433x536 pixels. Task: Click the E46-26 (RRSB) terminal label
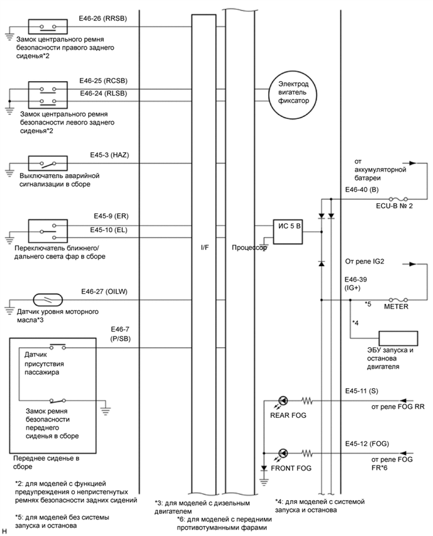pyautogui.click(x=103, y=19)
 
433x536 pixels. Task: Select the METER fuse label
pyautogui.click(x=396, y=308)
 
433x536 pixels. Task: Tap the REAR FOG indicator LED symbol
pyautogui.click(x=283, y=399)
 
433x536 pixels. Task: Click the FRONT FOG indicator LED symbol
pyautogui.click(x=283, y=453)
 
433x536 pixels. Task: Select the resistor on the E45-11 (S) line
pyautogui.click(x=308, y=399)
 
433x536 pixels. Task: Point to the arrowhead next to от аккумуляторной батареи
pyautogui.click(x=413, y=162)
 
